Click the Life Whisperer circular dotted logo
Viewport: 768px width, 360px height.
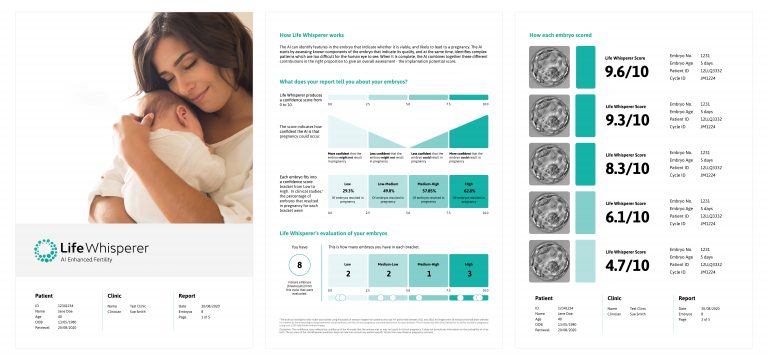[45, 250]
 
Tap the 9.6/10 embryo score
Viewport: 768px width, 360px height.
[630, 72]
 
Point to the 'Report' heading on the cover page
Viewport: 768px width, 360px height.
[186, 296]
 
